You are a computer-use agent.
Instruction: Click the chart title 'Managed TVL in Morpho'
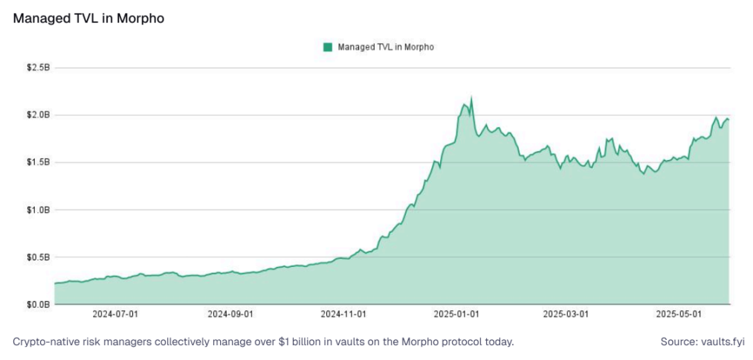click(88, 19)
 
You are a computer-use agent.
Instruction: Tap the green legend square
click(327, 47)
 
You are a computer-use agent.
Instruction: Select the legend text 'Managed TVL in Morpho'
click(385, 47)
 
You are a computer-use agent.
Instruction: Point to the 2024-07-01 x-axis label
click(115, 314)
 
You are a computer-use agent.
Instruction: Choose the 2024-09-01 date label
click(231, 314)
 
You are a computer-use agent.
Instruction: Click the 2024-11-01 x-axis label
click(344, 314)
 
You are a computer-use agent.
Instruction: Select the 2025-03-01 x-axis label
click(567, 314)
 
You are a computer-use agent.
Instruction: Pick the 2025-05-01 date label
click(680, 314)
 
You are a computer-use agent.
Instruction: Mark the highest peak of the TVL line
click(471, 98)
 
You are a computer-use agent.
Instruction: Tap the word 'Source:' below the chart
click(677, 342)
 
